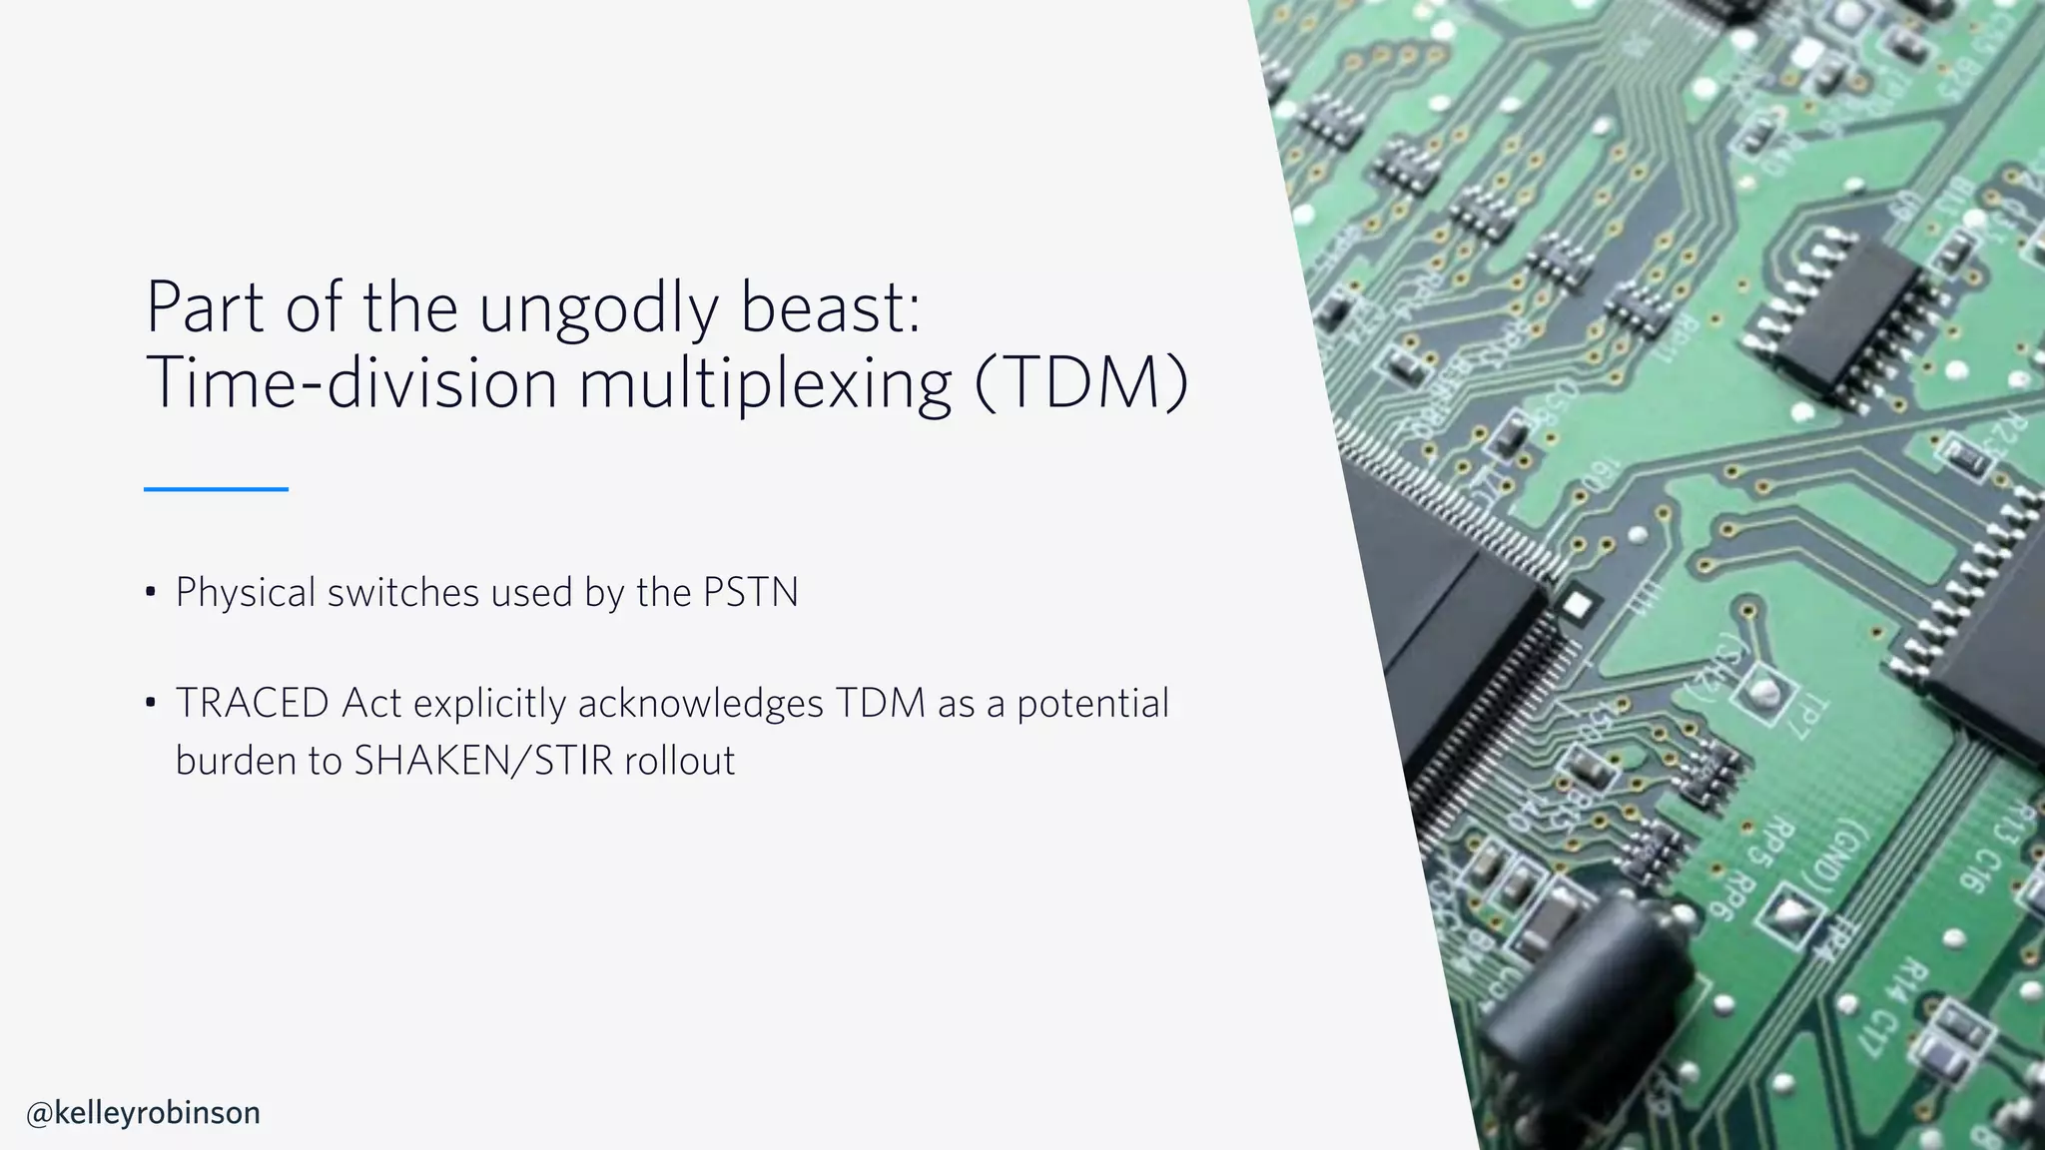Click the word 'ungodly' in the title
click(x=598, y=308)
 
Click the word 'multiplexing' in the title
click(x=765, y=384)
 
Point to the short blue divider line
click(x=216, y=489)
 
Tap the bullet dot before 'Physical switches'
click(x=151, y=593)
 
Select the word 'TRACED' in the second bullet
click(x=252, y=703)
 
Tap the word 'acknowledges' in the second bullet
click(x=700, y=703)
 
